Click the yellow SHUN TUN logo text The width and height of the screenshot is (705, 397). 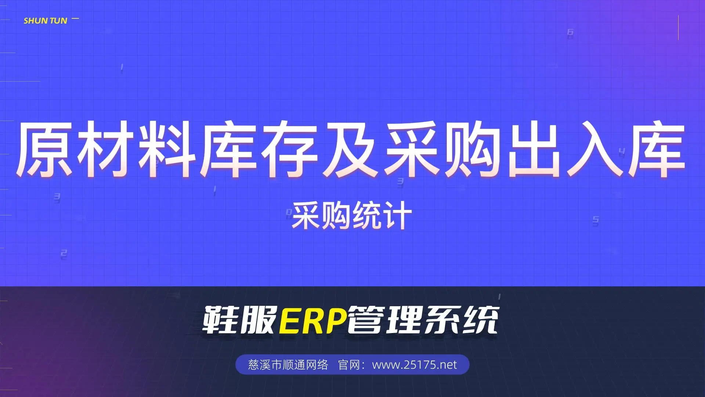click(45, 21)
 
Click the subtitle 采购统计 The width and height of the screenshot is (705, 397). click(352, 216)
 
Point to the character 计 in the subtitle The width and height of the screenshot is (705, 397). click(397, 216)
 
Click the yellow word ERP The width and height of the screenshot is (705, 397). click(313, 320)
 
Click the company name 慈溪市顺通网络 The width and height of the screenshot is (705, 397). click(288, 365)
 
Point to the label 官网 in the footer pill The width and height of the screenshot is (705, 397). click(348, 365)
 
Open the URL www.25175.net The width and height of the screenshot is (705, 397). click(415, 365)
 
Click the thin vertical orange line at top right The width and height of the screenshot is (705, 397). click(678, 28)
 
